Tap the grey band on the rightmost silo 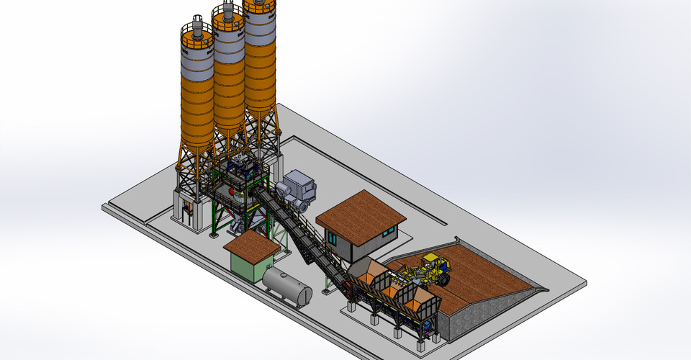pos(260,30)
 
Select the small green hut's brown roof pos(252,246)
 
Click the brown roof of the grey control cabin pos(361,211)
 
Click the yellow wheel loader pos(430,269)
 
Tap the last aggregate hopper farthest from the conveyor pos(424,300)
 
